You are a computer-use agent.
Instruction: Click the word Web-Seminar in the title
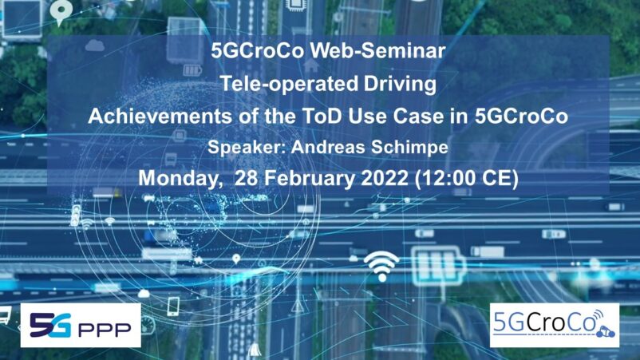pos(377,51)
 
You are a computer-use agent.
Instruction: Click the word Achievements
pos(160,117)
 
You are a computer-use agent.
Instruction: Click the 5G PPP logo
pos(81,326)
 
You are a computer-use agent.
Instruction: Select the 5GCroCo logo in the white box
pos(555,326)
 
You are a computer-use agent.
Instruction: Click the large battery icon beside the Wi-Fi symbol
pos(438,265)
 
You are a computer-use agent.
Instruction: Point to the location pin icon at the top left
pos(61,12)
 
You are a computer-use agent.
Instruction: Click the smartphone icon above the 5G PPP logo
pos(173,307)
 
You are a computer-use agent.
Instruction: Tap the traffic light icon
pos(76,215)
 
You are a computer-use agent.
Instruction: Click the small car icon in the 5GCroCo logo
pos(606,332)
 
